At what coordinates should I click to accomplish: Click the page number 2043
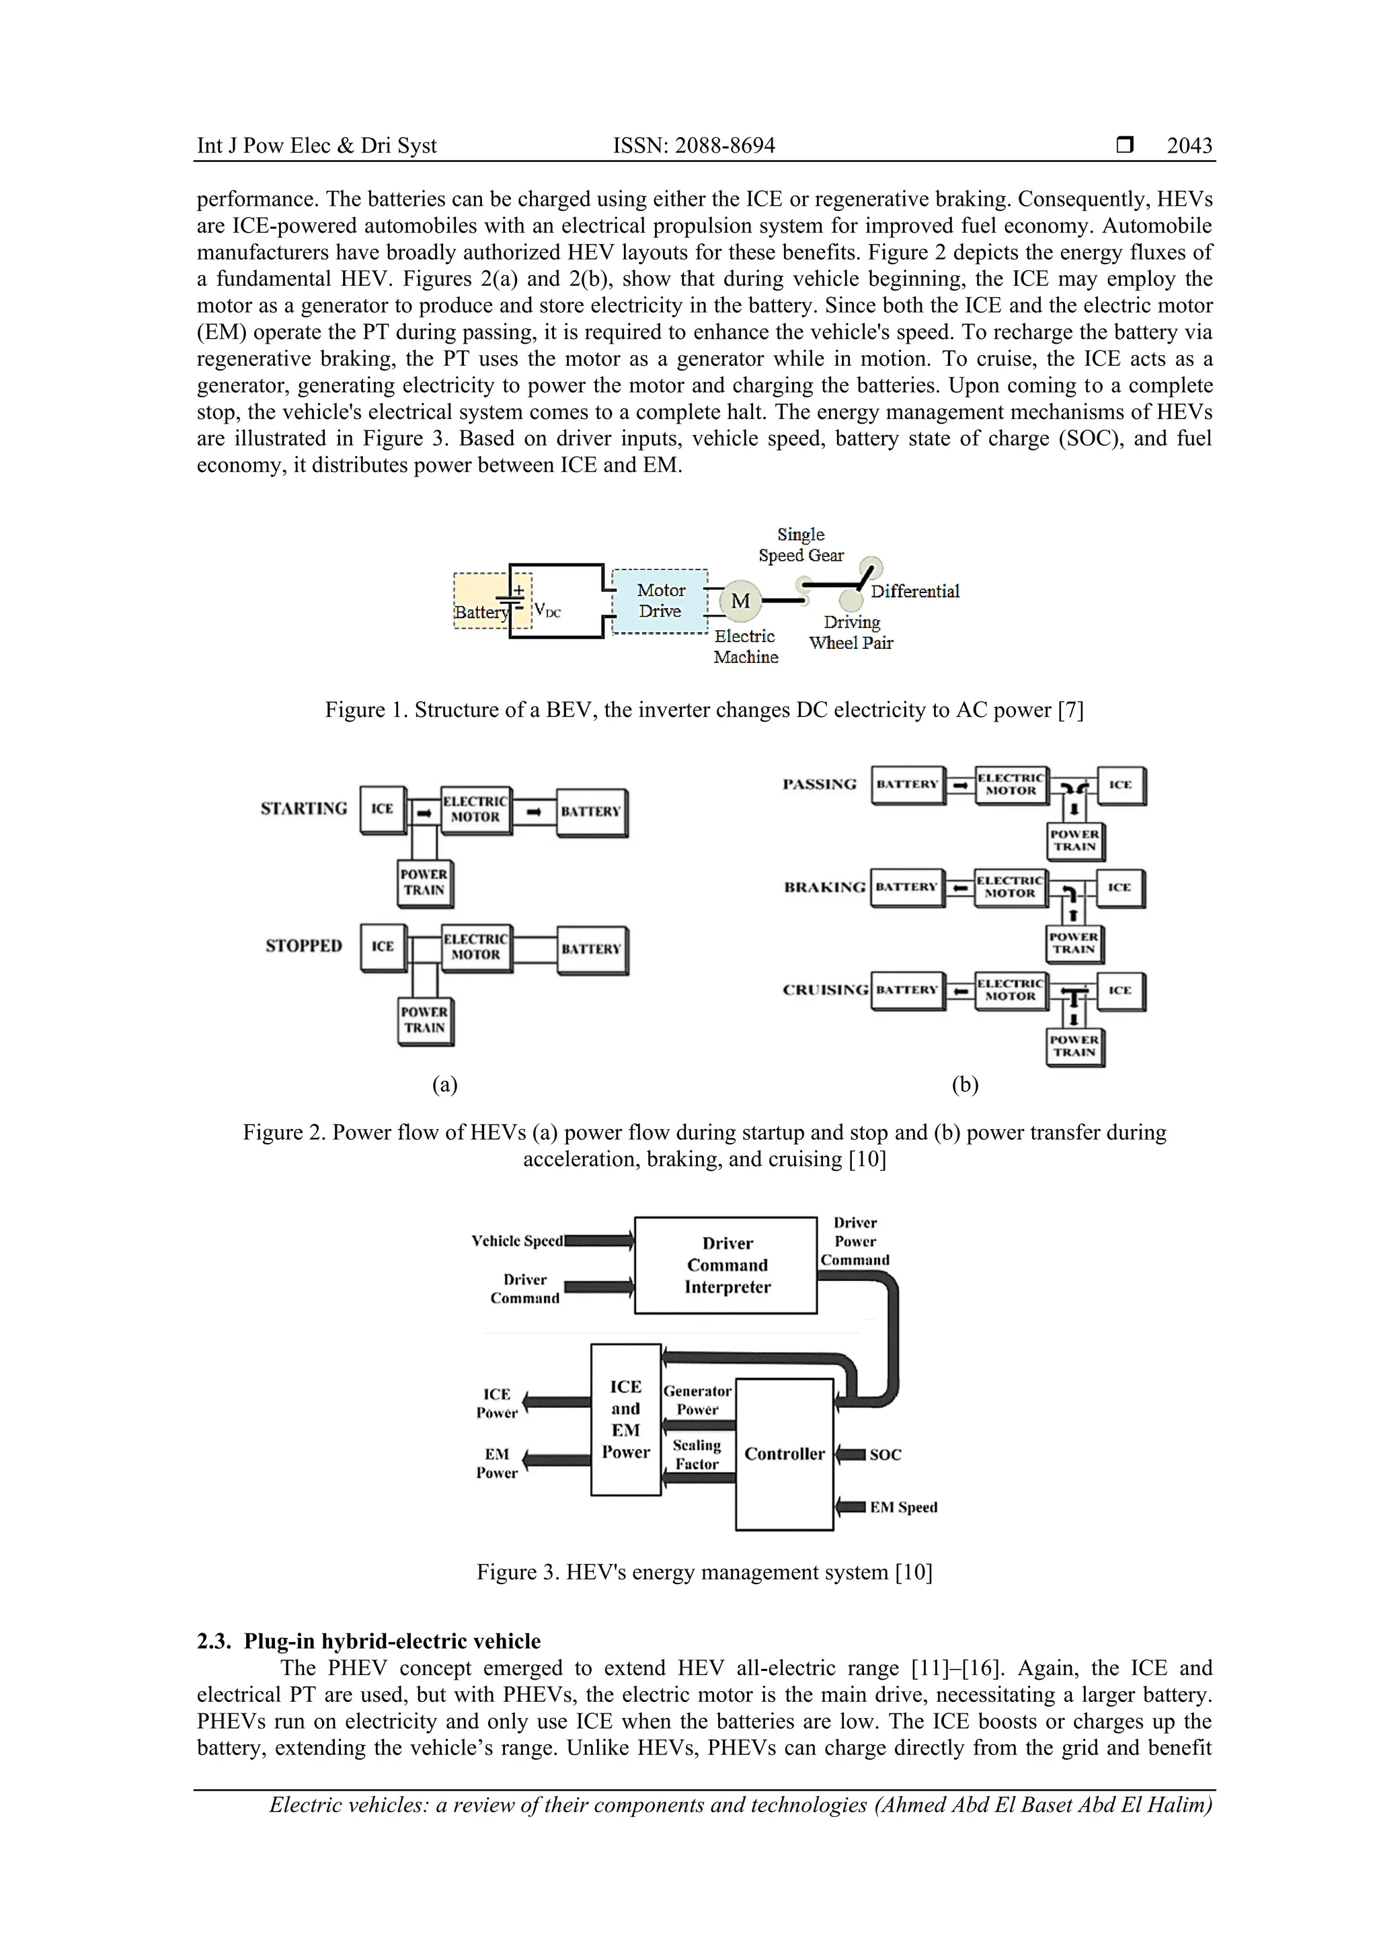click(1189, 146)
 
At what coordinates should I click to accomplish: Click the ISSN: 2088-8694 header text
click(693, 146)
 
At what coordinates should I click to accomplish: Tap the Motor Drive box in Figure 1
click(660, 600)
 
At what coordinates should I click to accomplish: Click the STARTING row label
click(304, 808)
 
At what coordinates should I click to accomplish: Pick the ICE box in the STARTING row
click(382, 810)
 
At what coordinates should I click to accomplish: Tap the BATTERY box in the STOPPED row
click(592, 949)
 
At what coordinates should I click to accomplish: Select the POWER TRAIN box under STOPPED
click(424, 1020)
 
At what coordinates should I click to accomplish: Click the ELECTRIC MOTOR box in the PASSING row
click(1011, 784)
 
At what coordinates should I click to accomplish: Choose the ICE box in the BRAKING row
click(1120, 888)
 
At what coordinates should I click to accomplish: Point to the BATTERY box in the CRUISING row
click(907, 990)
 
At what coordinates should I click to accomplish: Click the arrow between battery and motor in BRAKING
click(959, 888)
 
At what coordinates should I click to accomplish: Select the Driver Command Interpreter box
click(726, 1265)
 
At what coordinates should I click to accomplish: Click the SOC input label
click(885, 1454)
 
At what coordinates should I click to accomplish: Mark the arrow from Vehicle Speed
click(598, 1241)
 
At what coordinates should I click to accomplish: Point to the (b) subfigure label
click(965, 1085)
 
